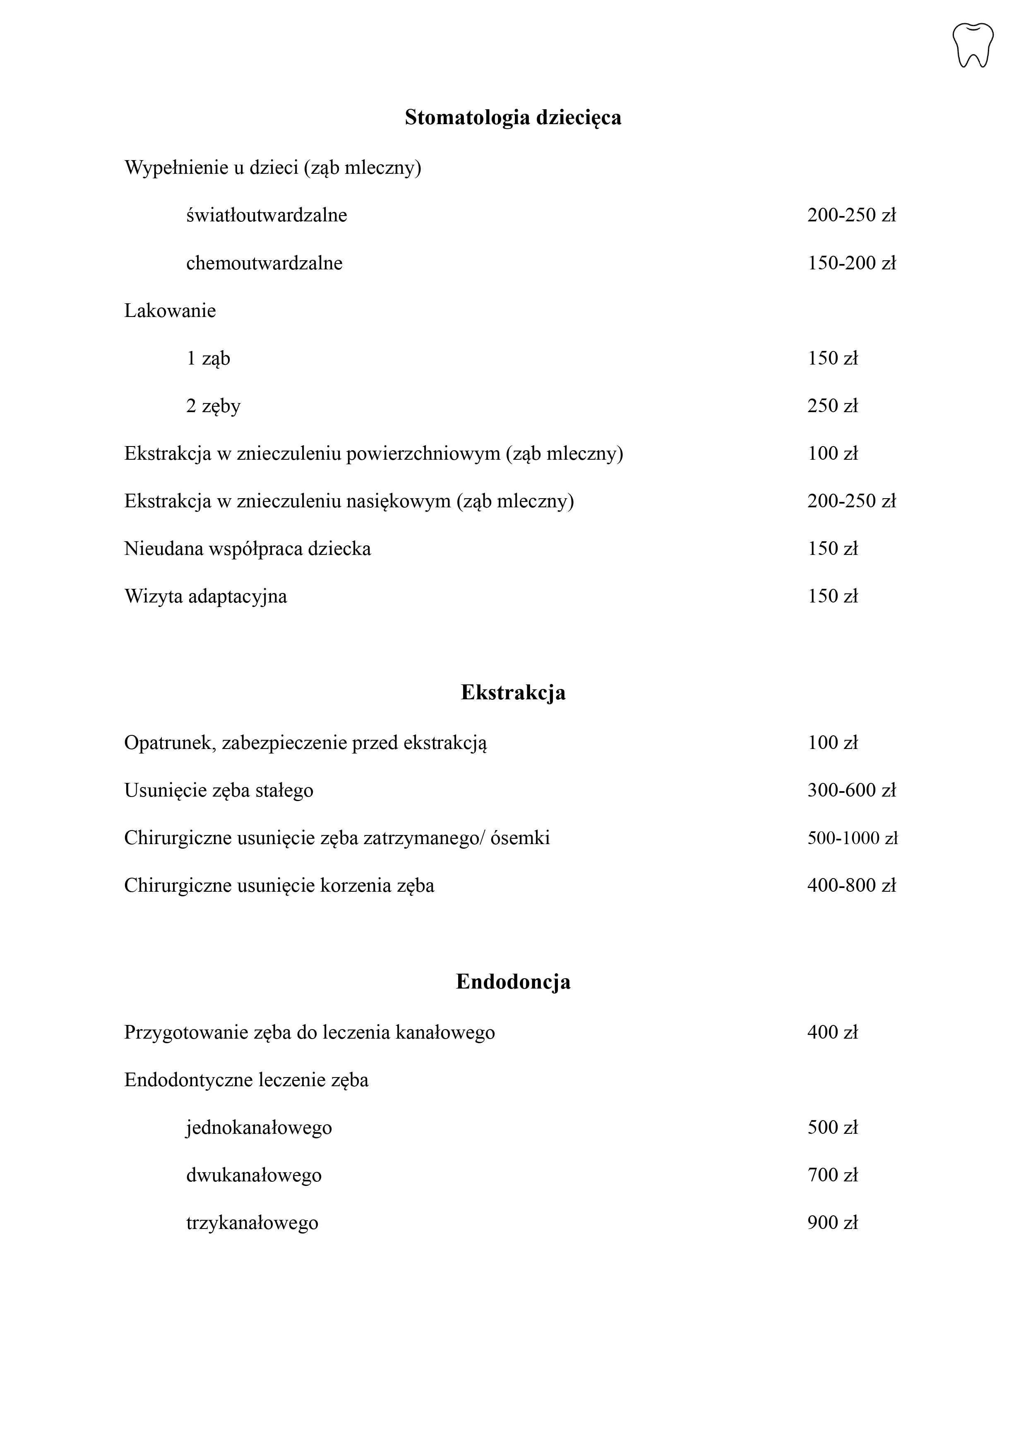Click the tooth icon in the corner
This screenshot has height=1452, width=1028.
tap(973, 45)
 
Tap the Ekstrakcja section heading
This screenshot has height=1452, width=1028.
tap(513, 692)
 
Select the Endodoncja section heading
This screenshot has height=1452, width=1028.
tap(513, 982)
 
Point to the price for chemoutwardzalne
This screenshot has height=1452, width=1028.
tap(851, 263)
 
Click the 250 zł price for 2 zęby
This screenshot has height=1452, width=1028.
tap(832, 406)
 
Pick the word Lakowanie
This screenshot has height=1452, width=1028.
tap(170, 311)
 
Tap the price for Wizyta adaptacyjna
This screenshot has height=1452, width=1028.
tap(832, 596)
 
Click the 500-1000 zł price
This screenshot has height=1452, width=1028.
tap(852, 838)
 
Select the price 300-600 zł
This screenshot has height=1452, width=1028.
tap(851, 791)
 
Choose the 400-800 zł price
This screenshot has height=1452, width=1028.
tap(851, 886)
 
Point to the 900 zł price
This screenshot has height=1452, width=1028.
tap(832, 1223)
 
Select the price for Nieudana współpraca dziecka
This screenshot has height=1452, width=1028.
tap(832, 549)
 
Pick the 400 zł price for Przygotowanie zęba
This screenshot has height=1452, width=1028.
tap(832, 1032)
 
